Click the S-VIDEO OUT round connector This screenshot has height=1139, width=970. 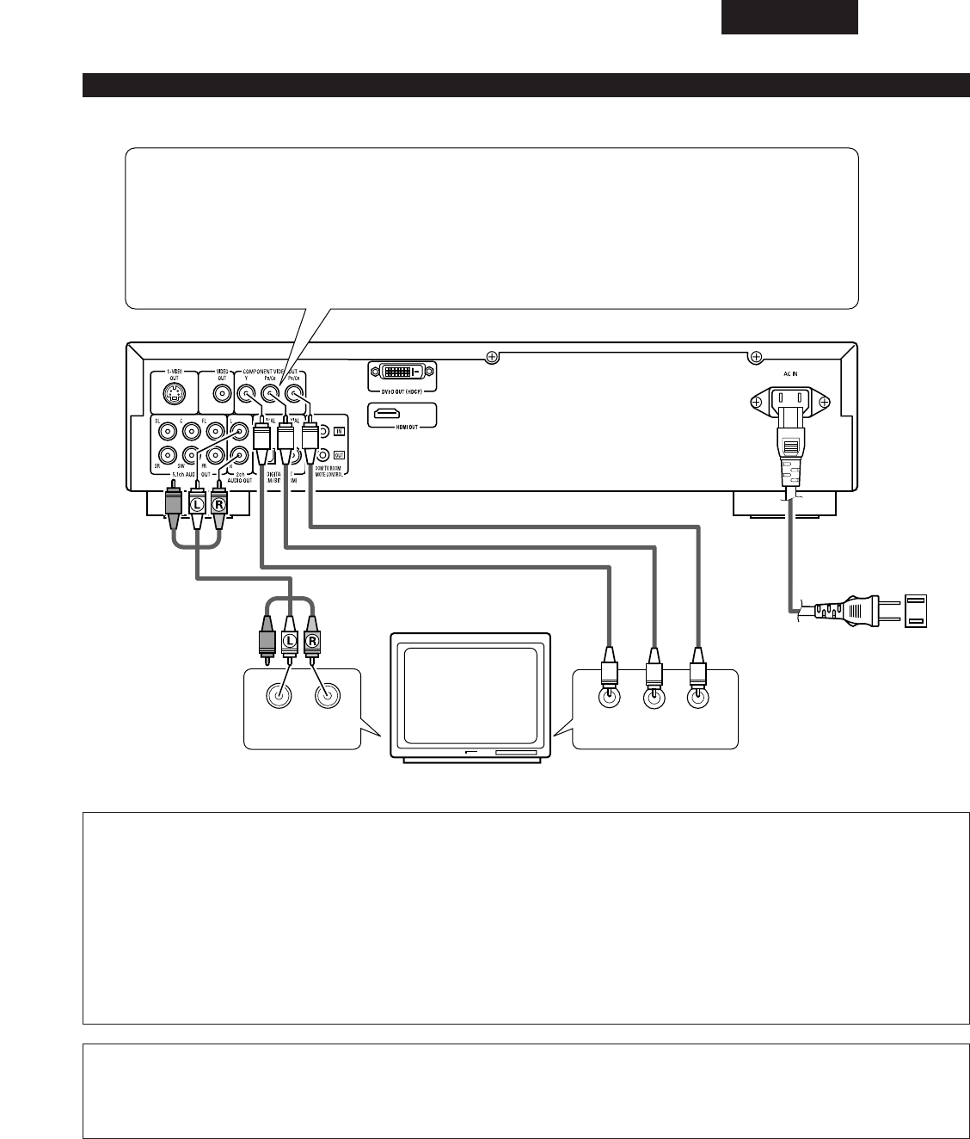(173, 395)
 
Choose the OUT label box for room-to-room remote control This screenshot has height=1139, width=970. (340, 455)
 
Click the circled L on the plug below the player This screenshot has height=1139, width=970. (197, 503)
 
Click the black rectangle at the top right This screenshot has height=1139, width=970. (789, 16)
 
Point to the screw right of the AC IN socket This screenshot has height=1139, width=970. (825, 401)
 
